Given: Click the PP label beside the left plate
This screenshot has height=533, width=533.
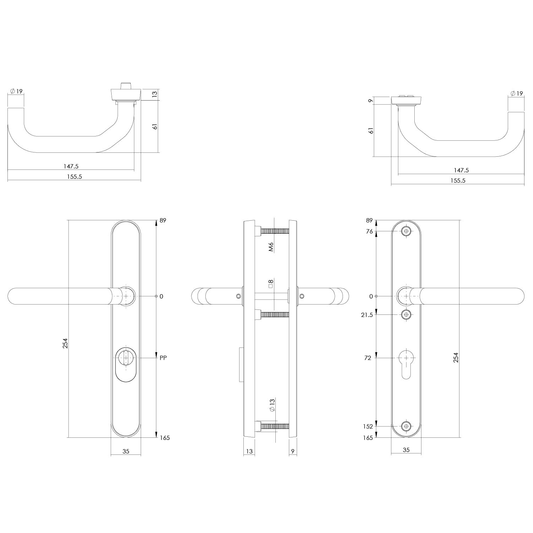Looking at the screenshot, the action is (163, 358).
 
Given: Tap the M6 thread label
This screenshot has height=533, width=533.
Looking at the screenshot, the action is (271, 247).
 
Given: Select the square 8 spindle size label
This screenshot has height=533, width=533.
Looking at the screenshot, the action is (271, 284).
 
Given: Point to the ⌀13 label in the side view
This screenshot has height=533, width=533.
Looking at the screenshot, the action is (272, 405).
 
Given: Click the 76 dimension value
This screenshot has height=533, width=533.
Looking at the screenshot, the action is (370, 232).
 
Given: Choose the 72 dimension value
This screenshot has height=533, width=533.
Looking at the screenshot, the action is (368, 358).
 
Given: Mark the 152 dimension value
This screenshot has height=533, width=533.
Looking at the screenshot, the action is (368, 426).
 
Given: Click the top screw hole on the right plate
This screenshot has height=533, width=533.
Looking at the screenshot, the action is (406, 232).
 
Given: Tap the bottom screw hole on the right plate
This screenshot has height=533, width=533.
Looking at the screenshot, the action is (406, 426).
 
